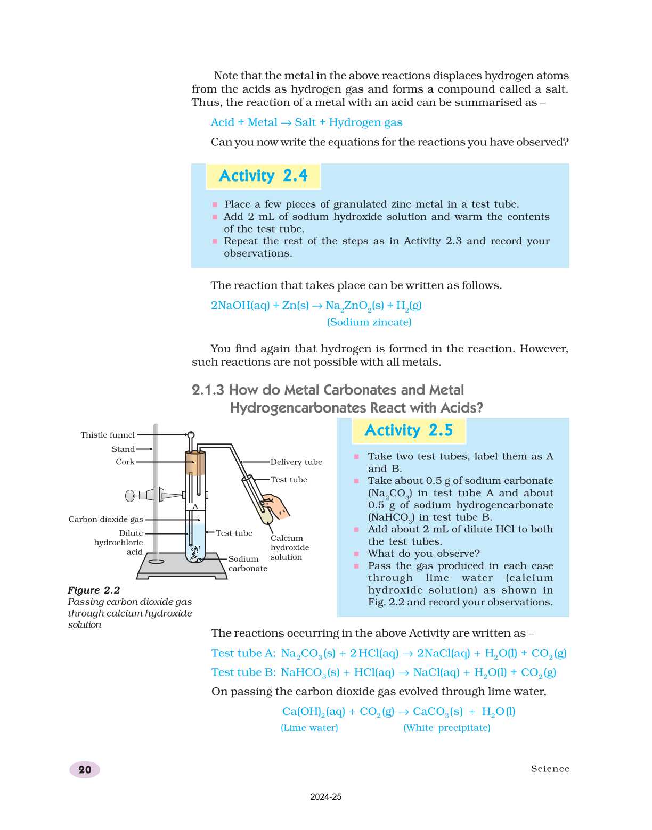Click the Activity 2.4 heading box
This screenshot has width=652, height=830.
click(x=263, y=176)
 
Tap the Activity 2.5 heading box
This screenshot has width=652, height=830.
click(x=409, y=431)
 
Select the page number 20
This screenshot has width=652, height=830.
click(x=85, y=769)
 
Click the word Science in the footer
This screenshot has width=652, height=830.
click(x=550, y=769)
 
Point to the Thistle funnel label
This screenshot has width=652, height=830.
click(x=108, y=435)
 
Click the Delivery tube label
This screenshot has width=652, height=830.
click(x=296, y=462)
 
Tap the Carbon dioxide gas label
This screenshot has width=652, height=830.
click(x=105, y=520)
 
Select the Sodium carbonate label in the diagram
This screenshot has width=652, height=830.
click(x=247, y=564)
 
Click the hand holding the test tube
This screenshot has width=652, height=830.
click(x=276, y=506)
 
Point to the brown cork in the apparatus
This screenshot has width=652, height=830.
click(x=195, y=463)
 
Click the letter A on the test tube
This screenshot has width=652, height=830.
click(x=195, y=507)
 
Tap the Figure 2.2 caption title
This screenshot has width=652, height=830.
click(x=94, y=590)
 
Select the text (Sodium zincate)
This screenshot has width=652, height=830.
click(x=369, y=322)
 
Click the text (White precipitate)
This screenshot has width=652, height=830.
click(x=446, y=728)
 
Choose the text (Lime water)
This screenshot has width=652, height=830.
click(x=309, y=728)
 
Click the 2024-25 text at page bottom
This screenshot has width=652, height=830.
click(x=325, y=797)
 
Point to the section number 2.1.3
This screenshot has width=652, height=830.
click(x=208, y=390)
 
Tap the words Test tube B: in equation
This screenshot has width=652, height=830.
click(x=243, y=672)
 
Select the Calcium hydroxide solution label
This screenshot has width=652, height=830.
click(x=289, y=548)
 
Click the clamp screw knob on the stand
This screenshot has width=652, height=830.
click(x=131, y=496)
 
